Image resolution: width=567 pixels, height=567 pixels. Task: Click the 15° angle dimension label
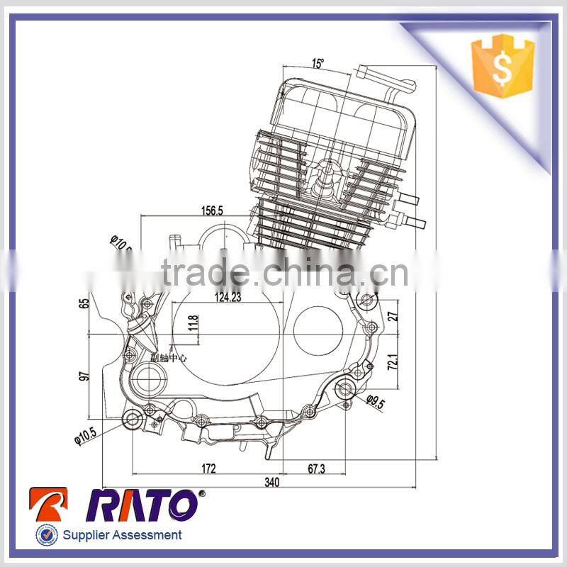pos(318,64)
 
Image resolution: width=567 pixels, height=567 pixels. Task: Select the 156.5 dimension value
pos(211,210)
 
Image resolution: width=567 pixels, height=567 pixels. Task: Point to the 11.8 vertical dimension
pos(193,325)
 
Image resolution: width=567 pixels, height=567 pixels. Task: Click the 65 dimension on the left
pos(85,303)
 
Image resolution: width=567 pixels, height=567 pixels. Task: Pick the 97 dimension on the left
pos(85,375)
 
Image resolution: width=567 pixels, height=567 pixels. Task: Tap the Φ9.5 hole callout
pos(376,403)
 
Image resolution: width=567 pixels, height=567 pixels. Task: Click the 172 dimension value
pos(208,468)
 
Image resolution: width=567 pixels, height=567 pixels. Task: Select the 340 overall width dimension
pos(272,483)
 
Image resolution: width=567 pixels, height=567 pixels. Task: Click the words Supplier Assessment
pos(122,536)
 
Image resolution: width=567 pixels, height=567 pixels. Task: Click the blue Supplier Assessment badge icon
pos(46,535)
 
